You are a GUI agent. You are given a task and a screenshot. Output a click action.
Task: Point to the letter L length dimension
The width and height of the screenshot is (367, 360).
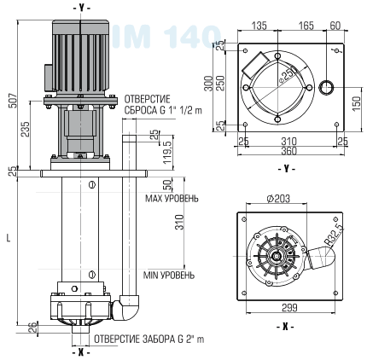(x=8, y=238)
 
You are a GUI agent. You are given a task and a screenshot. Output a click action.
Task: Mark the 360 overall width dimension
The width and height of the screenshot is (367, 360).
(x=291, y=150)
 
